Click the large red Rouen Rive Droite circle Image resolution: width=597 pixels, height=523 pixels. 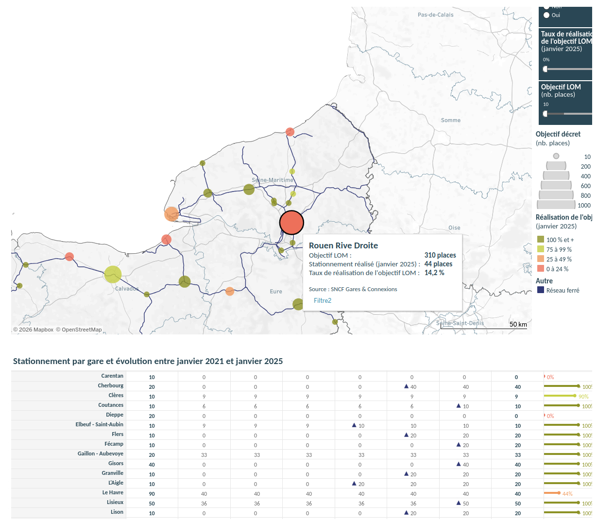coord(291,223)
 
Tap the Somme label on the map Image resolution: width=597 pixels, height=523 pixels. coord(451,120)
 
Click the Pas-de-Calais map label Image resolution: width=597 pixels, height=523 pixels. coord(435,15)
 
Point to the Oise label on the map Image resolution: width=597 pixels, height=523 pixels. coord(454,227)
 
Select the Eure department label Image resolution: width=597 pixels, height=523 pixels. coord(276,291)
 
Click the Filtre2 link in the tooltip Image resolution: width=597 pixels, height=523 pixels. coord(323,300)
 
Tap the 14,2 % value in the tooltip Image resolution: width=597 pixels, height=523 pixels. coord(434,273)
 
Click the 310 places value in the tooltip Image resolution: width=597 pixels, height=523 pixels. coord(440,255)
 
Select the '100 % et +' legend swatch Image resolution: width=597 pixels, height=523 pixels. coord(541,240)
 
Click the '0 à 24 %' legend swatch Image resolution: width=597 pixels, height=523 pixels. coord(541,269)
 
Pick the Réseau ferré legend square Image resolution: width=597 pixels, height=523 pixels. coord(541,290)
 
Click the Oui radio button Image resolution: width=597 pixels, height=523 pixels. coord(546,15)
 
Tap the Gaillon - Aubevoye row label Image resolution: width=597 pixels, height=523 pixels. coord(101,453)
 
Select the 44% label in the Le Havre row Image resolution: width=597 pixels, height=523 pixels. coord(567,494)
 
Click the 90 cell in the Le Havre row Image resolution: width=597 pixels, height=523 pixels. coord(152,494)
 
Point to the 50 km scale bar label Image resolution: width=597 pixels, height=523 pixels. coord(518,324)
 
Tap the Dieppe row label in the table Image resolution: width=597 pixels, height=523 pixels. coord(115,415)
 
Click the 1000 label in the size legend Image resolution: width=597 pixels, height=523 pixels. coord(584,206)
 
